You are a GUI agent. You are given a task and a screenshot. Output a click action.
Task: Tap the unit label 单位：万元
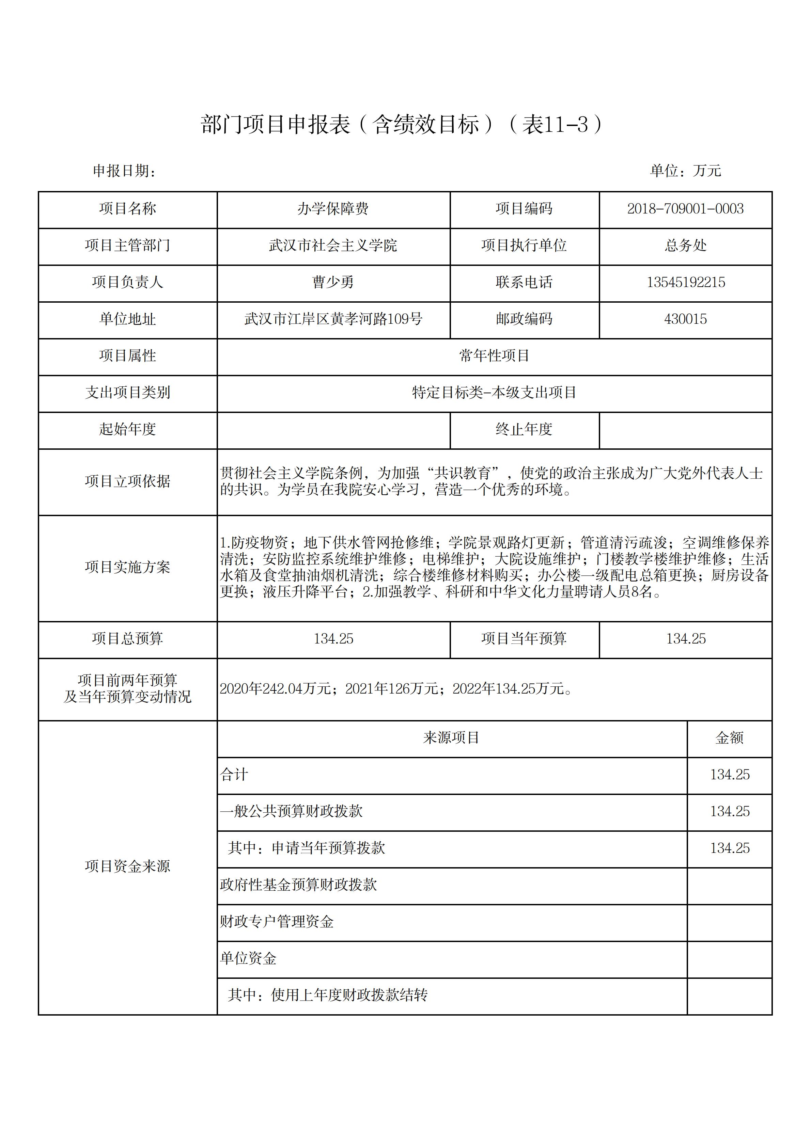[x=685, y=171]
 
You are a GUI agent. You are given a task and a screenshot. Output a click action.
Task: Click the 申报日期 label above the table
[x=124, y=171]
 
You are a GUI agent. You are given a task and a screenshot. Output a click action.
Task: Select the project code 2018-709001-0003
[x=685, y=209]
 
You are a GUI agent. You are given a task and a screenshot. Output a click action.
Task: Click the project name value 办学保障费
[x=333, y=209]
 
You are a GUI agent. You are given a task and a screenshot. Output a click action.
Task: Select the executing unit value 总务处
[x=685, y=245]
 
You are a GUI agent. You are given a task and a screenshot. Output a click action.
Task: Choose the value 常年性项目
[x=494, y=356]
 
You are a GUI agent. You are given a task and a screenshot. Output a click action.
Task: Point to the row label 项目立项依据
[x=127, y=481]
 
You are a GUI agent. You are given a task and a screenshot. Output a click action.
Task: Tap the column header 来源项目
[x=451, y=738]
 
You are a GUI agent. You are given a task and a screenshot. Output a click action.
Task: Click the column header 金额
[x=729, y=738]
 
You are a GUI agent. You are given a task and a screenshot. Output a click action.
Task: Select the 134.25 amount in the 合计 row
[x=730, y=775]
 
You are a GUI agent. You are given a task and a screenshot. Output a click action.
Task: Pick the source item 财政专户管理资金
[x=277, y=921]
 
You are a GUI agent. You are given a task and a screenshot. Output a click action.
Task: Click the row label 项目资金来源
[x=127, y=866]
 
